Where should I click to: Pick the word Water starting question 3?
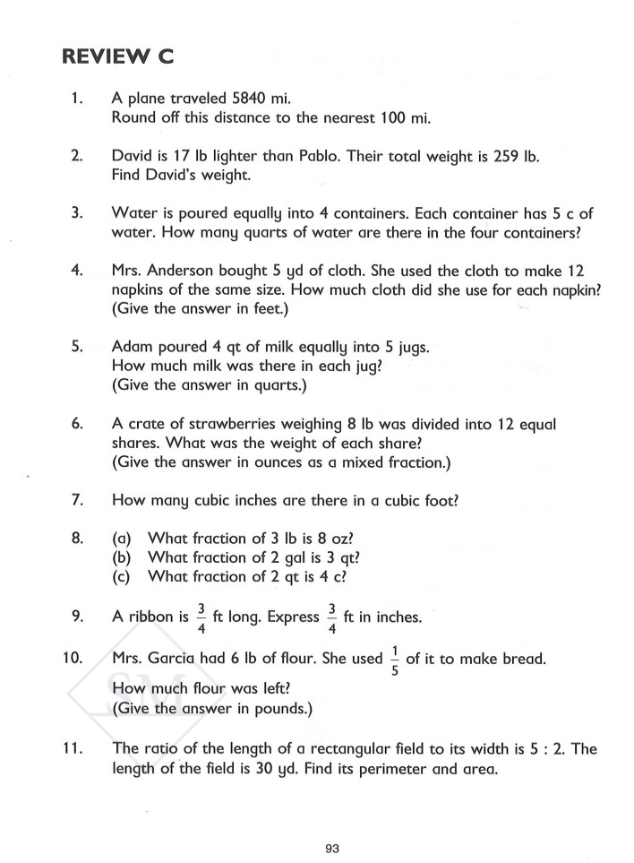(x=133, y=213)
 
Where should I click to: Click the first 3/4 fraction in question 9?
(x=201, y=617)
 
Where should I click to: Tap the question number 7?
(x=77, y=500)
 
